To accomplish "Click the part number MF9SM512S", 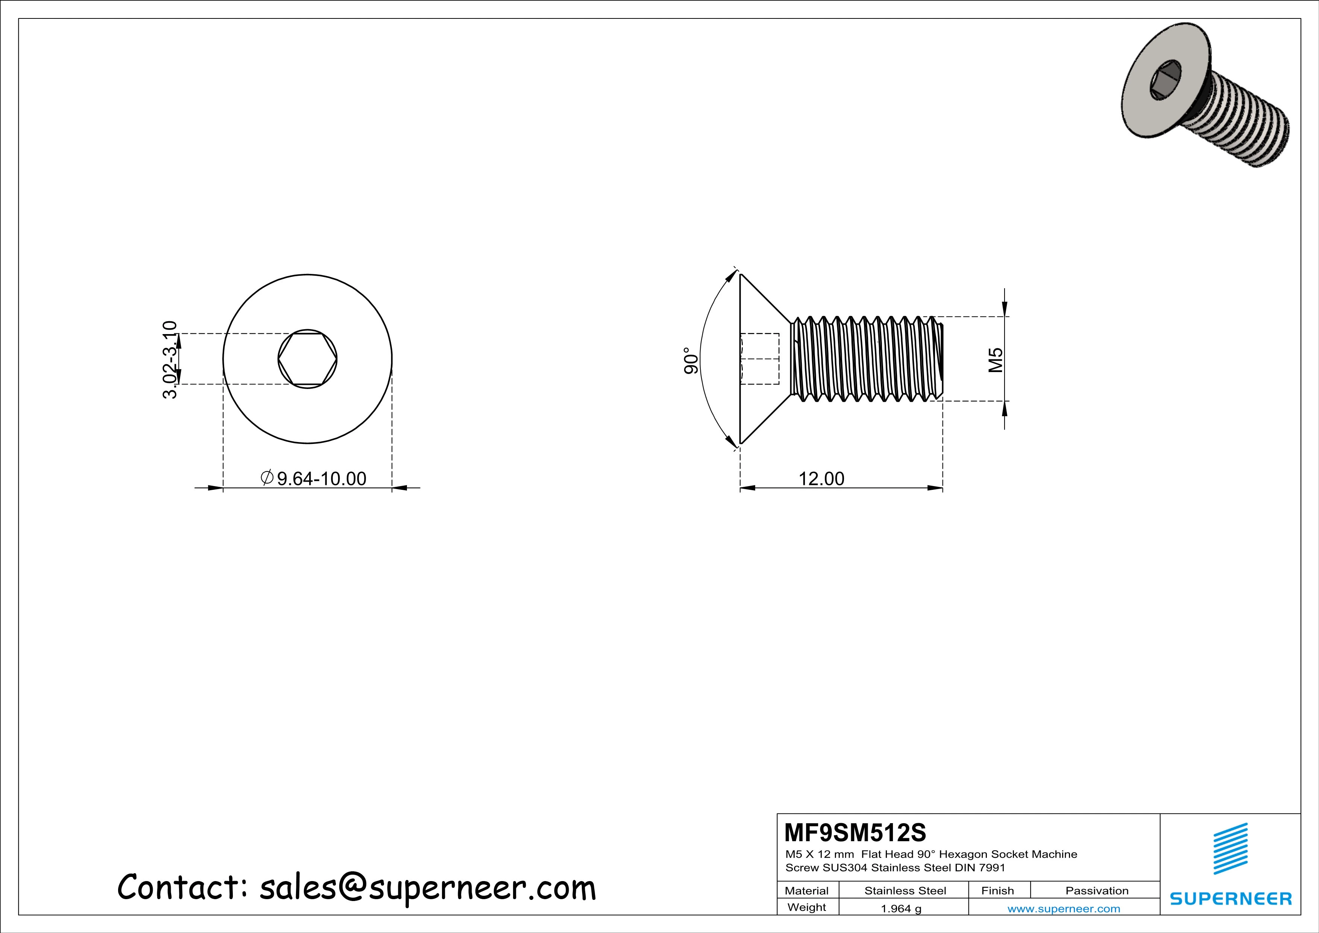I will tap(855, 832).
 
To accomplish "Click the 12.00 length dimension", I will tap(821, 479).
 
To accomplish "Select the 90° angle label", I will tap(691, 360).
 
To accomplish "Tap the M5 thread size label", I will tap(995, 360).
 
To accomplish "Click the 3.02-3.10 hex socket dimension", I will tap(170, 360).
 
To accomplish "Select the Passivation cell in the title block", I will tap(1097, 890).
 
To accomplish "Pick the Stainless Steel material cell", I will tap(905, 890).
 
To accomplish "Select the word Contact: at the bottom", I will tap(183, 887).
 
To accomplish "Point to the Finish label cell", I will tap(997, 890).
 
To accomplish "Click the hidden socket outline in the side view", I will tap(759, 359).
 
